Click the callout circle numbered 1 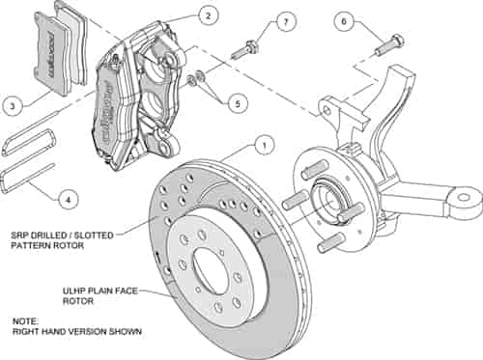pos(259,148)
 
